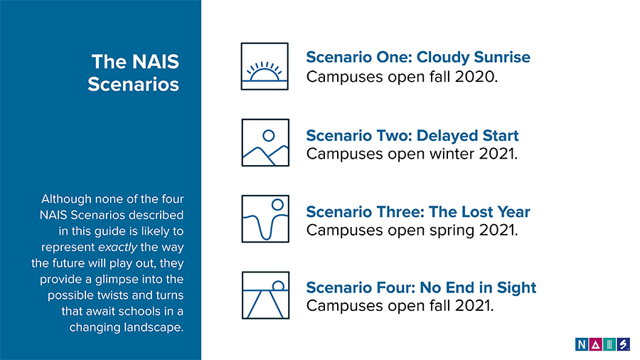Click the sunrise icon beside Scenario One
265,66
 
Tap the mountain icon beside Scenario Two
265,142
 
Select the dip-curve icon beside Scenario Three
265,219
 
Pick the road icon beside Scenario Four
265,295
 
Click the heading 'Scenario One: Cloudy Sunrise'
418,57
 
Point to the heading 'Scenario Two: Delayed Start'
412,135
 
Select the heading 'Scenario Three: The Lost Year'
418,212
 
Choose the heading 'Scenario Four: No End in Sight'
421,287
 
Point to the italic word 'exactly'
117,248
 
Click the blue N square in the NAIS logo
582,344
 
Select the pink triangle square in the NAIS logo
595,344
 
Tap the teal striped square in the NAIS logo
609,344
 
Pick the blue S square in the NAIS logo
623,344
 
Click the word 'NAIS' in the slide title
156,62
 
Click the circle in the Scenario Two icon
269,135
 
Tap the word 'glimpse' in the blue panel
117,280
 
